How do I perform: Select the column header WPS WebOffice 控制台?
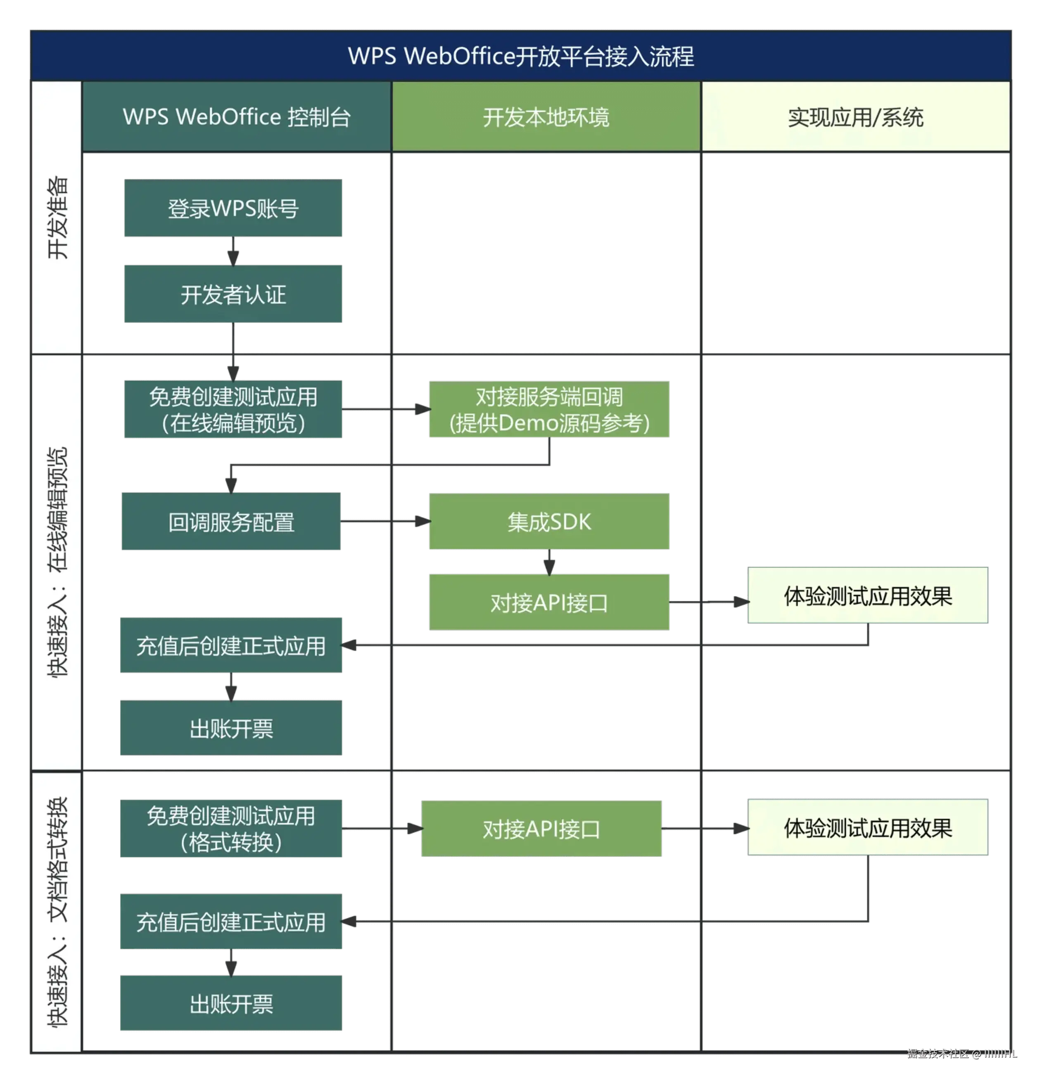(237, 117)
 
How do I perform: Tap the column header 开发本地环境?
(546, 117)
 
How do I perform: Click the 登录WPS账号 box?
(233, 209)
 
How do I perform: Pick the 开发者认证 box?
(233, 294)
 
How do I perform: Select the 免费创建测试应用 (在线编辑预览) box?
(233, 409)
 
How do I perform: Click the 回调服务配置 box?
(231, 522)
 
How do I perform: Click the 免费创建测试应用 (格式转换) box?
(231, 828)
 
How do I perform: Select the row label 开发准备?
(57, 217)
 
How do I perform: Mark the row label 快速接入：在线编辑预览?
(57, 561)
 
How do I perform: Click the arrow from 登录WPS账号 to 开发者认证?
(233, 251)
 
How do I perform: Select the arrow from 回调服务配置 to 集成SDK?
(385, 522)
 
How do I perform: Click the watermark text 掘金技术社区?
(938, 1053)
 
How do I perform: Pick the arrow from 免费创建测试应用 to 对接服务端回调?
(385, 409)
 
